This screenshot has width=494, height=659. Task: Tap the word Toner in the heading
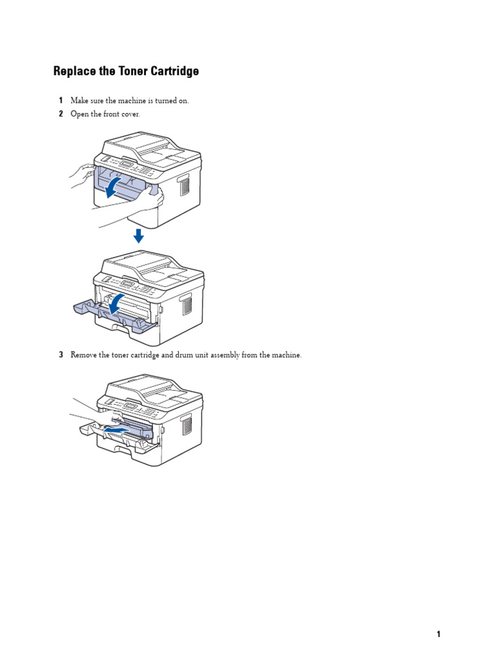133,71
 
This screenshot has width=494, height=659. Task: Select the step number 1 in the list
60,101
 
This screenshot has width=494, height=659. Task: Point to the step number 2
60,114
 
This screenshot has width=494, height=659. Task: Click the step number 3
60,355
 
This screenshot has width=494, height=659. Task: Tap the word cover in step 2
129,114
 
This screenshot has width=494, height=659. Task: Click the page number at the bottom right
439,634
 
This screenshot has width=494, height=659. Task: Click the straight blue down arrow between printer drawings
138,236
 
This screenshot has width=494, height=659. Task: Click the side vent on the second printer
187,304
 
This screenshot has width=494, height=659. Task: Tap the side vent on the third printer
187,425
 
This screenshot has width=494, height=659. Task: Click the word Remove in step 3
84,355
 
